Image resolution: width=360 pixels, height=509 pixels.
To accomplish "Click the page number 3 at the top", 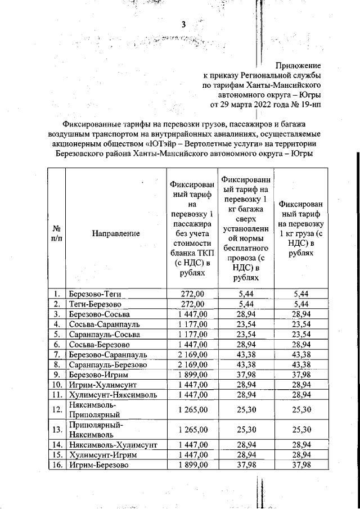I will (x=183, y=24).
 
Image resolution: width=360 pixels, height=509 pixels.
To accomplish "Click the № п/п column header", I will (x=56, y=233).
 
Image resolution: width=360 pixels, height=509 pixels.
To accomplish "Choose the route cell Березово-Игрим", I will (x=98, y=375).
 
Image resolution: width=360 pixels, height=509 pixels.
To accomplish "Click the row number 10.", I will (x=56, y=385).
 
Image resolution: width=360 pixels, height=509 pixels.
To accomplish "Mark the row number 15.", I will (x=56, y=454).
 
